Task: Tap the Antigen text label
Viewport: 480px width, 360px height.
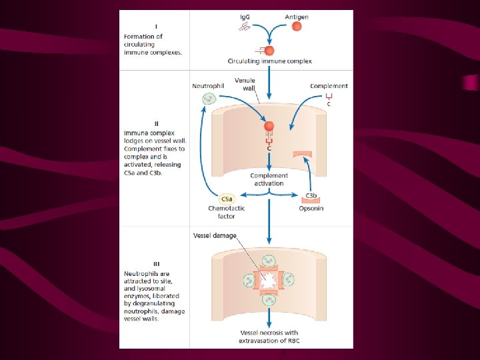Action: pyautogui.click(x=297, y=17)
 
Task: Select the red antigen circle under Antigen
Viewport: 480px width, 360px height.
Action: pyautogui.click(x=297, y=27)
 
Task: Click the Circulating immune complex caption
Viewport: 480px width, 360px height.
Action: pyautogui.click(x=269, y=61)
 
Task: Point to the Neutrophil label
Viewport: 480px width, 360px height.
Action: pyautogui.click(x=207, y=86)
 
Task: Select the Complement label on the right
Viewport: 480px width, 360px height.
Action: pyautogui.click(x=329, y=86)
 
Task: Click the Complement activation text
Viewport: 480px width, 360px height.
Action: pyautogui.click(x=269, y=179)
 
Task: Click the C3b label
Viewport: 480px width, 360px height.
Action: pyautogui.click(x=311, y=196)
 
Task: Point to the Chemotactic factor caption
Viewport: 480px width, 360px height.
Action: pyautogui.click(x=227, y=212)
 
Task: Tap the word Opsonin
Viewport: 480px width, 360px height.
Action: pyautogui.click(x=311, y=208)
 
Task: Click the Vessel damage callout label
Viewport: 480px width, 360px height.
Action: pyautogui.click(x=215, y=235)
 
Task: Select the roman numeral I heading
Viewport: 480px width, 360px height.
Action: pyautogui.click(x=155, y=27)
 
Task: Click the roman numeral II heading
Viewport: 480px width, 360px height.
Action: pyautogui.click(x=156, y=123)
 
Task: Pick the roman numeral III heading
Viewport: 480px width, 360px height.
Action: pyautogui.click(x=155, y=263)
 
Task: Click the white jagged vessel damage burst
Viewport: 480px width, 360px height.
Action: pyautogui.click(x=269, y=280)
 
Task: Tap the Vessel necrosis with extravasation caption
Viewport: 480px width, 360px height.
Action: pyautogui.click(x=269, y=337)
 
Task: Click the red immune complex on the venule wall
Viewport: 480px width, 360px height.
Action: pyautogui.click(x=269, y=126)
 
